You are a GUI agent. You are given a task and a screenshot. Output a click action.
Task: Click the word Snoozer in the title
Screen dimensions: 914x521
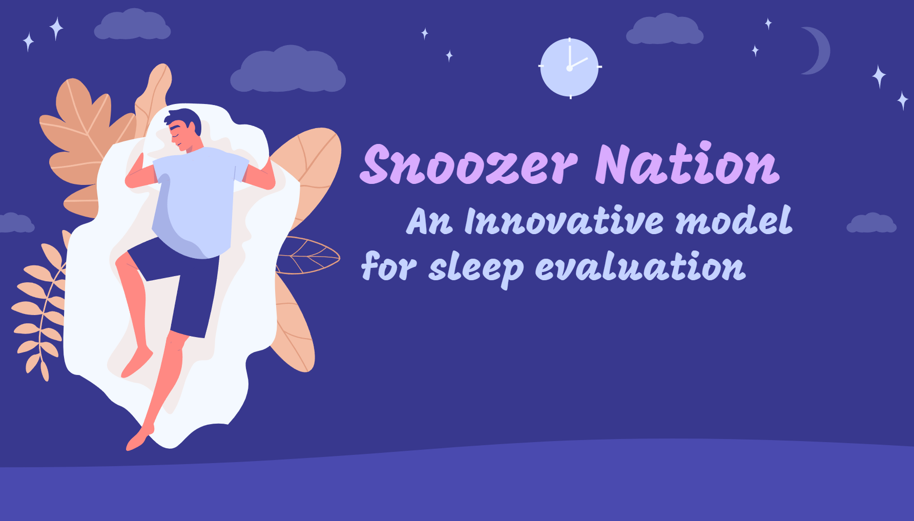click(469, 164)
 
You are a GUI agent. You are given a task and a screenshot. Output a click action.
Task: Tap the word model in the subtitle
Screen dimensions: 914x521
click(734, 220)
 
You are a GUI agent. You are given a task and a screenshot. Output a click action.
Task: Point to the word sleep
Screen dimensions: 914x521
click(476, 268)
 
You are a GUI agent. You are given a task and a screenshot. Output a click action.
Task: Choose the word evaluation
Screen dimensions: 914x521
click(640, 266)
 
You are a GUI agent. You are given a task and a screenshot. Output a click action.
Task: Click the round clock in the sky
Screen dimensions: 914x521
click(570, 68)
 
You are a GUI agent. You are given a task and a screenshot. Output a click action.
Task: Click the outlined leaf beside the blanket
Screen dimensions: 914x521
click(307, 255)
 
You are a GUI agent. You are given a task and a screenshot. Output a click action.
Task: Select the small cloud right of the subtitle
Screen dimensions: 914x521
click(871, 223)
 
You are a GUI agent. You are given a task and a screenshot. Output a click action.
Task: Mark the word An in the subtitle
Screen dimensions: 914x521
click(430, 221)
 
